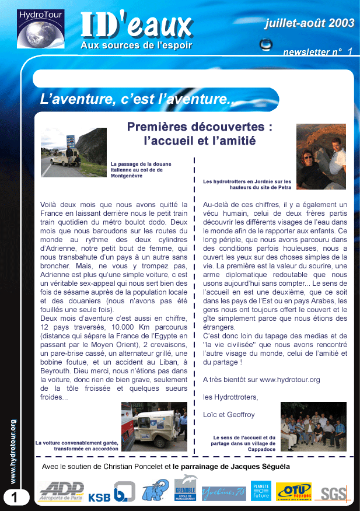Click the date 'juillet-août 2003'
click(309, 23)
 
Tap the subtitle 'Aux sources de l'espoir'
click(136, 45)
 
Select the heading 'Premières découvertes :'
click(192, 127)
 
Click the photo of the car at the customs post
click(74, 152)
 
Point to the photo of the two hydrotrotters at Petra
click(321, 156)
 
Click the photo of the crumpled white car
click(154, 426)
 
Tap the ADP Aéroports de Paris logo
click(61, 491)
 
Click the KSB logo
click(99, 498)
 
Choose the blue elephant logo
click(155, 490)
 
